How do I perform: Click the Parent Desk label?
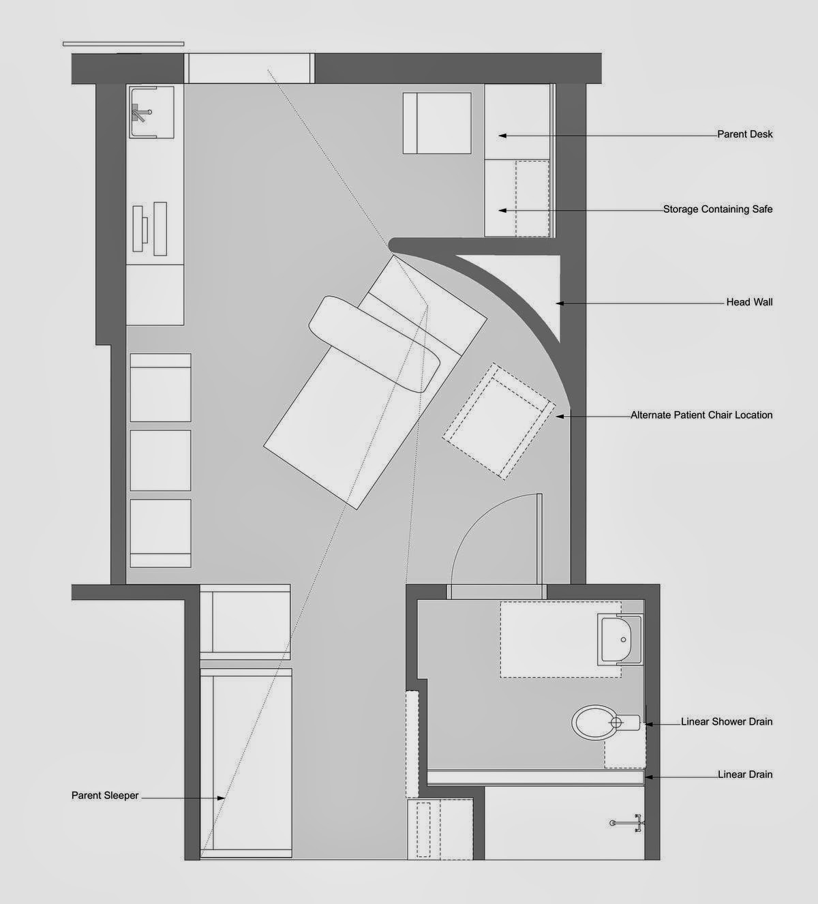click(x=744, y=134)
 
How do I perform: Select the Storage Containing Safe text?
click(x=718, y=209)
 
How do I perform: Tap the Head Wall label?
click(x=749, y=302)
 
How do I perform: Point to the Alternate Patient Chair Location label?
click(x=701, y=415)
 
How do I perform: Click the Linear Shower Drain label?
click(x=727, y=721)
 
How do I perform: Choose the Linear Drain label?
click(x=745, y=774)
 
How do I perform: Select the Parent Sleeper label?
click(x=105, y=796)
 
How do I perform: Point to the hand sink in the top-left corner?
click(x=150, y=110)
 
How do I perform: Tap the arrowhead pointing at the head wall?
click(x=560, y=303)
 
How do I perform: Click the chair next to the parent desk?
click(x=437, y=123)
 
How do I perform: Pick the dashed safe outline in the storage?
click(x=532, y=198)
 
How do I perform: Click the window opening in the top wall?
click(x=249, y=69)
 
